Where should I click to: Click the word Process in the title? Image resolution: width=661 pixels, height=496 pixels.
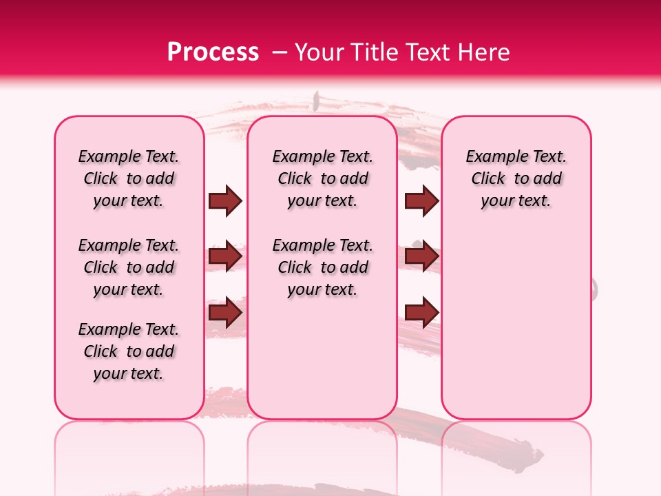(x=213, y=52)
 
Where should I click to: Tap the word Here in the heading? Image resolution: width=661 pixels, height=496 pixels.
(x=485, y=52)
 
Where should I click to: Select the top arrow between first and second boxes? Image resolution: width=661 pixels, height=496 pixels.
(x=225, y=201)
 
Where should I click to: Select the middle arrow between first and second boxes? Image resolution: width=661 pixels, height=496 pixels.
(x=225, y=257)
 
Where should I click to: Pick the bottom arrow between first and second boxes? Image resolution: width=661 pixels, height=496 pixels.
(x=225, y=313)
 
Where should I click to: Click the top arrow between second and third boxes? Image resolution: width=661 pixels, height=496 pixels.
(x=421, y=201)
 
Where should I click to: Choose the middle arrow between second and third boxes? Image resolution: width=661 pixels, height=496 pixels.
(x=421, y=257)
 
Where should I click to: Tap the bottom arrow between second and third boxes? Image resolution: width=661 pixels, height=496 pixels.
(x=421, y=313)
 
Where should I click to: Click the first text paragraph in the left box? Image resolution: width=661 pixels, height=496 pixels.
(x=129, y=178)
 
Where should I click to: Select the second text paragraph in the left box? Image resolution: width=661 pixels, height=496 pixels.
(x=129, y=267)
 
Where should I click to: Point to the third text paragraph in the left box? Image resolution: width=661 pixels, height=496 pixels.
(x=129, y=351)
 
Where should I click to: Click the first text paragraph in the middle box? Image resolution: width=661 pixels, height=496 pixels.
(x=323, y=178)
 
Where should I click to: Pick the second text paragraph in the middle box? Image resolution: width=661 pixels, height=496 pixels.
(x=323, y=267)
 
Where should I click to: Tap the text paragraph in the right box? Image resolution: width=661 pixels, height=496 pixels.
(x=516, y=178)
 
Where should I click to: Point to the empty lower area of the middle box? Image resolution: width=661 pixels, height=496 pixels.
(x=322, y=358)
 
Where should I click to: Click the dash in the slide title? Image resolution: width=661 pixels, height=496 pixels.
(x=279, y=52)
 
